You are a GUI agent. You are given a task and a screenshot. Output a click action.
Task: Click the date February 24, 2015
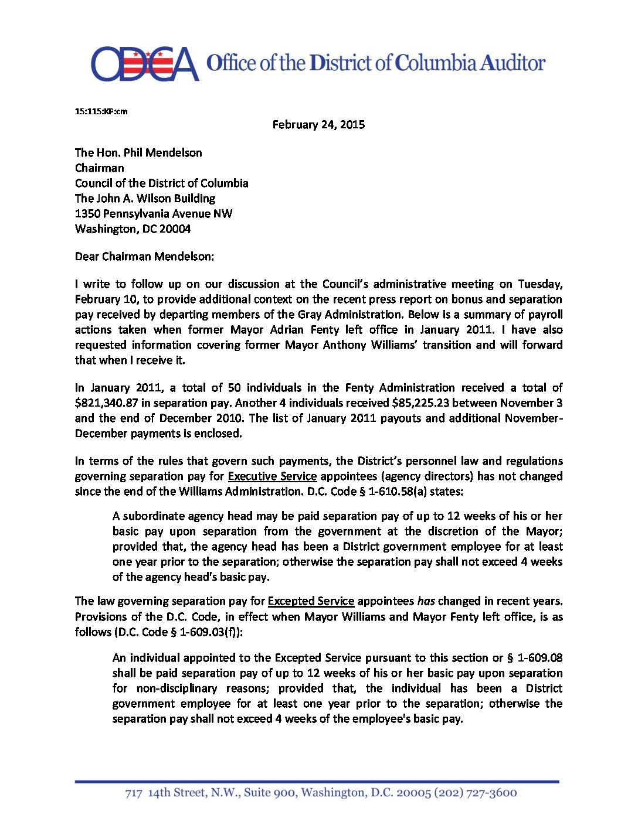click(x=318, y=124)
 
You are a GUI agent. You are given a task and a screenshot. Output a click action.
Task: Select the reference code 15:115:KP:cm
click(x=101, y=111)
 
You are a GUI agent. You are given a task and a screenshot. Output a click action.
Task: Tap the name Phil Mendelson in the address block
click(x=163, y=152)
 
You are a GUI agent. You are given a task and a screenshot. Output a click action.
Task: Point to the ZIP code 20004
click(x=175, y=229)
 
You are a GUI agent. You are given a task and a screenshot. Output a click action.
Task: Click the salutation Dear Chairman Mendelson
click(x=144, y=256)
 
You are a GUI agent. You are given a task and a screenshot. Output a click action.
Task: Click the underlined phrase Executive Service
click(x=272, y=476)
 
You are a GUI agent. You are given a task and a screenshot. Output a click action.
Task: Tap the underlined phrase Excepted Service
click(x=311, y=601)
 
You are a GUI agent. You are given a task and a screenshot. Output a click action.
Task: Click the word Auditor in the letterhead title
click(x=513, y=63)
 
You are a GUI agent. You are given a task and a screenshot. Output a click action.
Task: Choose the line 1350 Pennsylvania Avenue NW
click(x=154, y=213)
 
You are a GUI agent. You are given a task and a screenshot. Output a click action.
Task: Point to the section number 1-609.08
click(x=539, y=657)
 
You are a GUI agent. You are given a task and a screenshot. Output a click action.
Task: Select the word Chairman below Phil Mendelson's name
click(x=99, y=168)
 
